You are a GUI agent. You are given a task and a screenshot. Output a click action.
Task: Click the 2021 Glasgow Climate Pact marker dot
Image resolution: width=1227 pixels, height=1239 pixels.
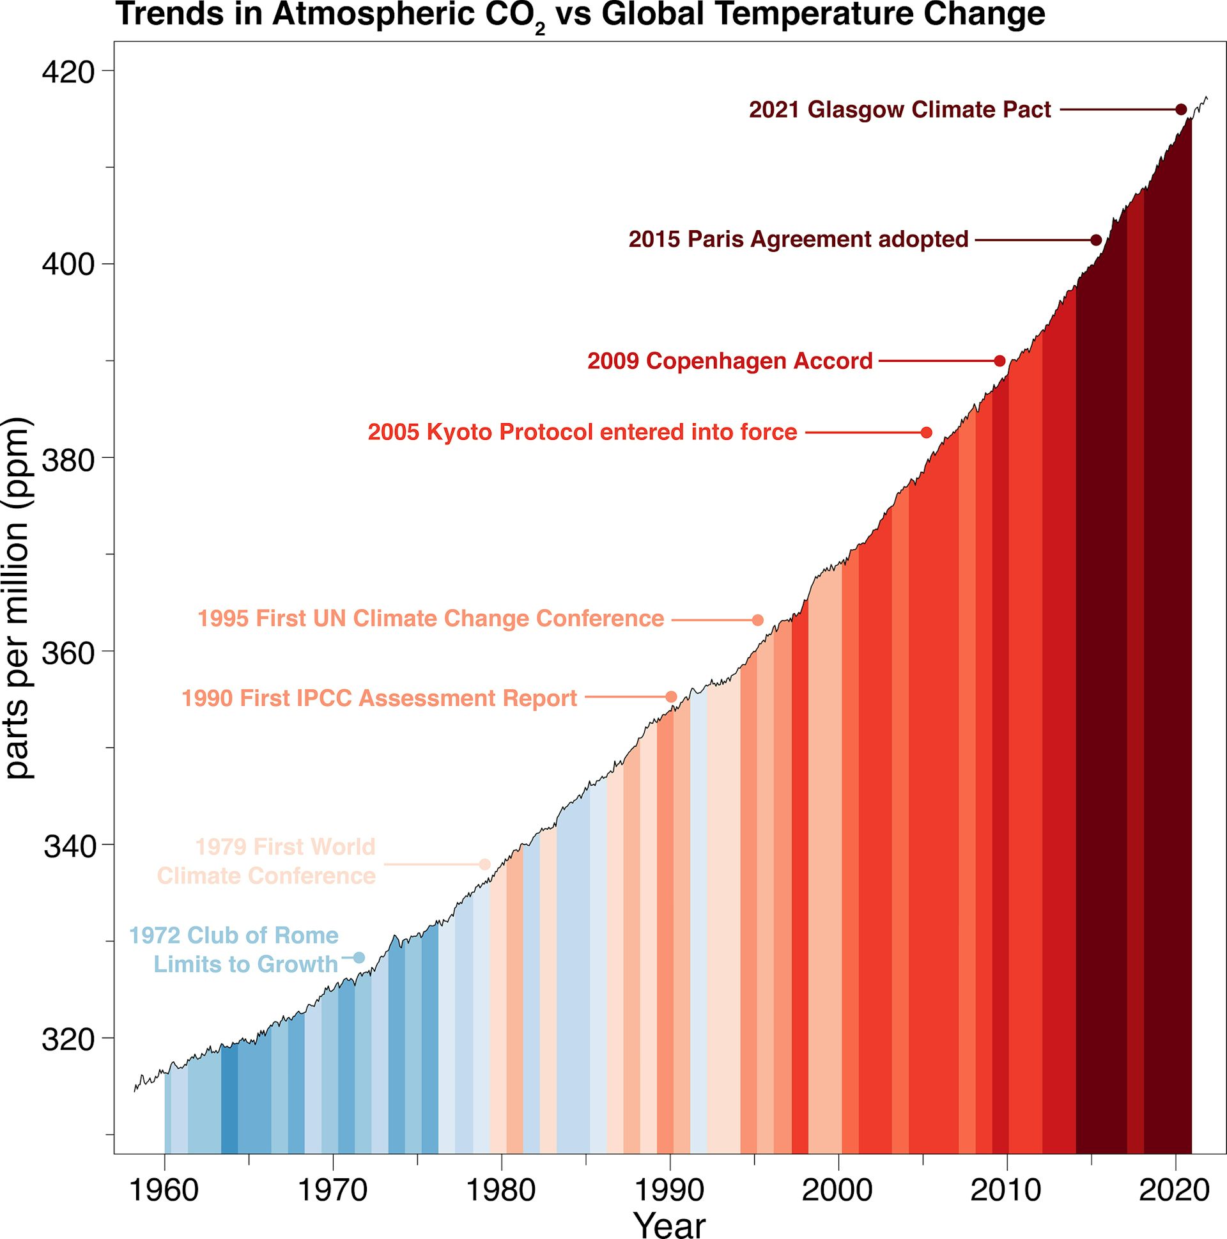pyautogui.click(x=1181, y=110)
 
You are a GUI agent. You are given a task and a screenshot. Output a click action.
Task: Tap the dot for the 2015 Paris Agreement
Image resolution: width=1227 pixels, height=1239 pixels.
pyautogui.click(x=1096, y=240)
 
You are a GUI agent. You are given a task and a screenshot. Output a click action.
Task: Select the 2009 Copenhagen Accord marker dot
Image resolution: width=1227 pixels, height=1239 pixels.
pyautogui.click(x=999, y=361)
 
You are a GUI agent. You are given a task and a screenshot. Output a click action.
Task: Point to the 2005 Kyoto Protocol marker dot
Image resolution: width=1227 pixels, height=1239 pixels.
pyautogui.click(x=927, y=432)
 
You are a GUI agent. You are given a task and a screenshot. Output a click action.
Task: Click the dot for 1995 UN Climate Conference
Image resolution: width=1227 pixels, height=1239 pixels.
pyautogui.click(x=758, y=619)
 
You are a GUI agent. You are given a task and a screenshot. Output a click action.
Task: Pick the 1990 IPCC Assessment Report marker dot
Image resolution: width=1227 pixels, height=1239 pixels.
pyautogui.click(x=671, y=697)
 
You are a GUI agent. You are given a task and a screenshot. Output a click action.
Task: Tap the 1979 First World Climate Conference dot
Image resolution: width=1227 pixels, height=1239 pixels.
pyautogui.click(x=484, y=864)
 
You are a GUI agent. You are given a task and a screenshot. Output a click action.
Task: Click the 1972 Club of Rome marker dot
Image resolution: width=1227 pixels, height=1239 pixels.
pyautogui.click(x=359, y=958)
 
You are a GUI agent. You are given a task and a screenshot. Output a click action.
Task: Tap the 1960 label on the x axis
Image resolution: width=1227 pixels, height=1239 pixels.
pyautogui.click(x=165, y=1191)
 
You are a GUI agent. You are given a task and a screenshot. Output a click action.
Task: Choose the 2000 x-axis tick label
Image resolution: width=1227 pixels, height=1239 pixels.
pyautogui.click(x=838, y=1191)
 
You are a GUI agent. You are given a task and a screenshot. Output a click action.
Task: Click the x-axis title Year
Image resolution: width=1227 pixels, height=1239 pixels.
pyautogui.click(x=669, y=1224)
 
